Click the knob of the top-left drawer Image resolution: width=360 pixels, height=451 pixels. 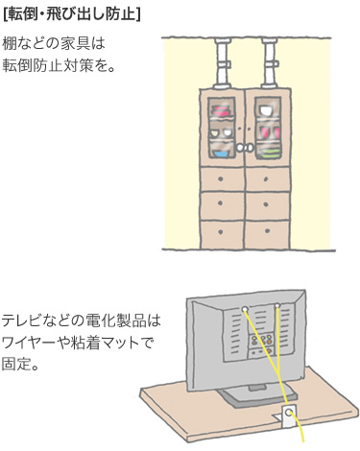[221, 179]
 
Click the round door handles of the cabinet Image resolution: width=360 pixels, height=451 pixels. [248, 147]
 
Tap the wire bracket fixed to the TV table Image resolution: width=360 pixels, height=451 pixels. [289, 414]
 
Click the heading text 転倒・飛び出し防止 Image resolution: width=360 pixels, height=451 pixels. [72, 13]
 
